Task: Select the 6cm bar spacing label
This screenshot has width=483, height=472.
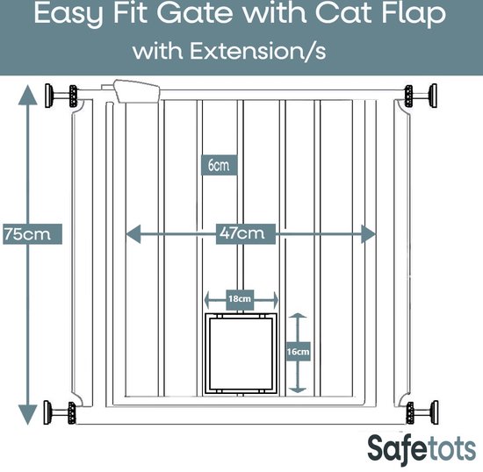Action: (x=219, y=165)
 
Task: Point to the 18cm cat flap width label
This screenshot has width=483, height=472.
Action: (x=240, y=299)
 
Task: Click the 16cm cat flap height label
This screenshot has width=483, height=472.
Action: (x=298, y=352)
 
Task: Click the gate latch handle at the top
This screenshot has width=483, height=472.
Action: (x=136, y=91)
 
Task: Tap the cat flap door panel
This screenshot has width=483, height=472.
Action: (x=241, y=354)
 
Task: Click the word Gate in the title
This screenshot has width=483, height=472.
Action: (x=195, y=14)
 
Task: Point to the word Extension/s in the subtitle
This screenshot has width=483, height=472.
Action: (x=257, y=51)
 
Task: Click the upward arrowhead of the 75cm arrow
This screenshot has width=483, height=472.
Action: (x=28, y=95)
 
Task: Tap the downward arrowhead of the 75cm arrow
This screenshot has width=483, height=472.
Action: (x=28, y=415)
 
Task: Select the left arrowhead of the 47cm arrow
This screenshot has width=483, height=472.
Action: (x=133, y=234)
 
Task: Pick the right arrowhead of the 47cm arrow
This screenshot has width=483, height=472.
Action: (x=368, y=234)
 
